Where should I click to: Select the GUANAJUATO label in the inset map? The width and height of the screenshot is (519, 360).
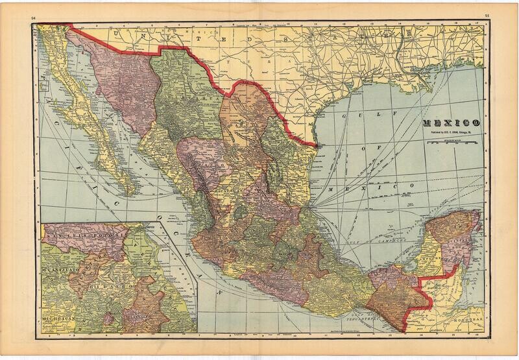[60, 266]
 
